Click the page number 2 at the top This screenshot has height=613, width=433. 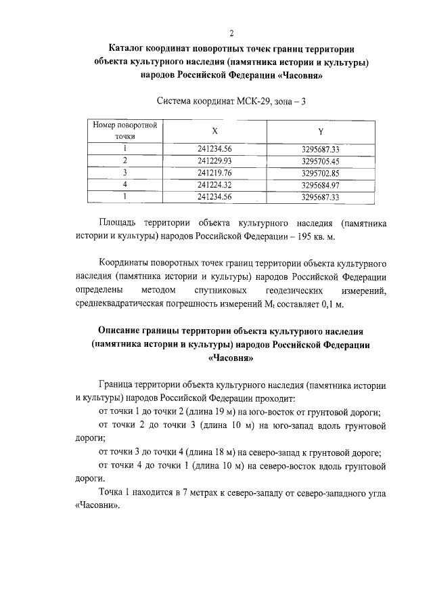pos(232,33)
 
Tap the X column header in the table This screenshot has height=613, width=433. pos(215,130)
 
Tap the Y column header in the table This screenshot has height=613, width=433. pos(320,130)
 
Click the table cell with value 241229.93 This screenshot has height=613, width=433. pos(215,161)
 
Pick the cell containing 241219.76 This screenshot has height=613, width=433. pos(215,173)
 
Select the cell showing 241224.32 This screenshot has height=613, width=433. pos(215,185)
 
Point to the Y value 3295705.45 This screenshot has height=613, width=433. pos(320,161)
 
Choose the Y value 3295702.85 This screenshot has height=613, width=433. pos(320,173)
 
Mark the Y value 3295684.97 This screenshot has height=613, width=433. pos(320,185)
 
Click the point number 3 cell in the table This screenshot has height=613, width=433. pos(125,173)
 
